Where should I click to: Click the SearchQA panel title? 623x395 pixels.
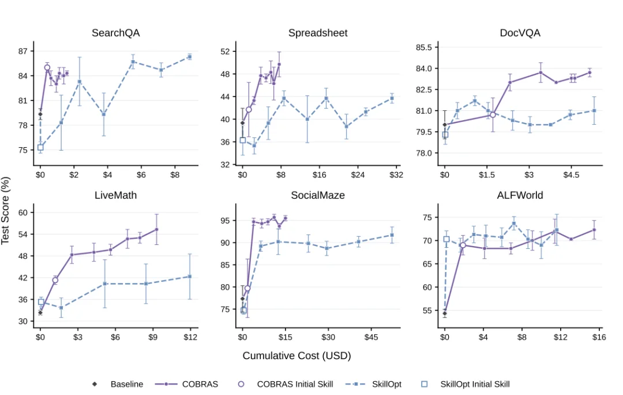click(x=115, y=33)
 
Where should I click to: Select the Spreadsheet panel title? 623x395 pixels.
click(x=318, y=33)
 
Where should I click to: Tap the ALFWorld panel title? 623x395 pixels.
click(x=520, y=195)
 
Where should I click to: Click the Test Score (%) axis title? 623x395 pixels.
click(x=6, y=211)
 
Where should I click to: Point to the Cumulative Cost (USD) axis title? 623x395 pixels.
click(x=297, y=356)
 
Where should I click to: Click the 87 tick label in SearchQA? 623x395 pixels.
click(x=23, y=51)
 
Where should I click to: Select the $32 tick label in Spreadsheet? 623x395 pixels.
click(x=396, y=174)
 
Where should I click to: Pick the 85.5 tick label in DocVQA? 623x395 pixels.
click(x=424, y=47)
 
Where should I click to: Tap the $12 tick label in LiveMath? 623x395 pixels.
click(x=190, y=337)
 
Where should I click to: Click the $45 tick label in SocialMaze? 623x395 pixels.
click(x=371, y=337)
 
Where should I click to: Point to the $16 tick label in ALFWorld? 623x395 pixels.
click(x=599, y=337)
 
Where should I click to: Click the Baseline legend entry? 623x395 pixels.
click(x=118, y=384)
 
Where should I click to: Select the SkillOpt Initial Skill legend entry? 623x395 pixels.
click(x=466, y=384)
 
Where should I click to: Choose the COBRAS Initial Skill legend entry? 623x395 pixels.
click(x=286, y=384)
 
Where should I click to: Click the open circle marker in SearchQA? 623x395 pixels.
click(x=47, y=68)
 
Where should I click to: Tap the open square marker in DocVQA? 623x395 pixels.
click(x=445, y=135)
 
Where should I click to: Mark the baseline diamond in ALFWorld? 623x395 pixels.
click(x=445, y=314)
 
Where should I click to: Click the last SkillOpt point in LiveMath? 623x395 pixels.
click(x=190, y=277)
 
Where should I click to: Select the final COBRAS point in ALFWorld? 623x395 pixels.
click(x=594, y=230)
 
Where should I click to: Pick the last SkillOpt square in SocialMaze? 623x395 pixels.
click(x=392, y=235)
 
